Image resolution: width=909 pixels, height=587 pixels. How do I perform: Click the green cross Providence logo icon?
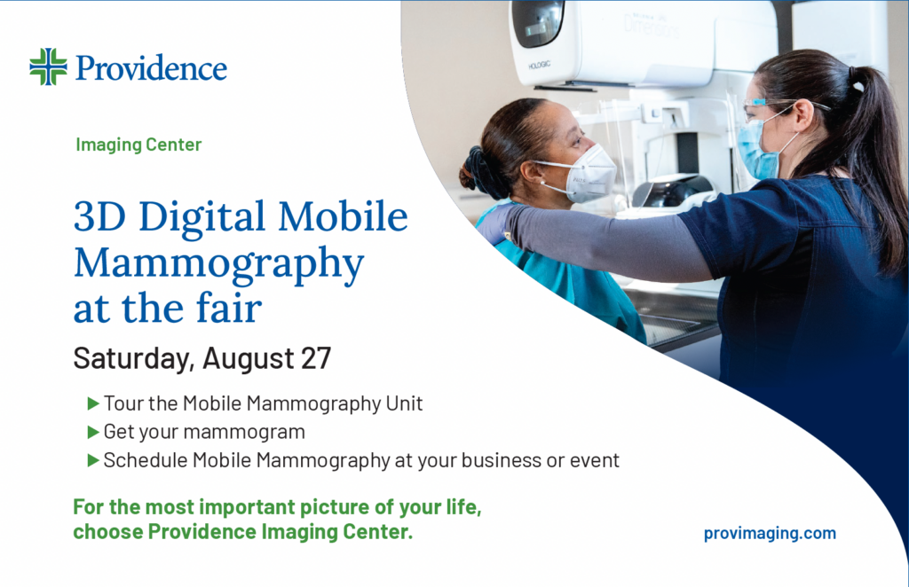(x=48, y=67)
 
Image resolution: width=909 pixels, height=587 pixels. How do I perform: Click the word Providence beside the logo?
(x=151, y=67)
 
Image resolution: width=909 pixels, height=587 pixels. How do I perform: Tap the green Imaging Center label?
(x=138, y=144)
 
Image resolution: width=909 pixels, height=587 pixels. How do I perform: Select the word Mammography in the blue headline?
(x=218, y=262)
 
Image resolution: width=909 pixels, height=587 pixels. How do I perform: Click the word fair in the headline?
(x=231, y=308)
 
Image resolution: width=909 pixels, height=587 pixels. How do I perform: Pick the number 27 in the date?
(x=313, y=359)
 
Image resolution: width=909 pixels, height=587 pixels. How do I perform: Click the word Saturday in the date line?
(x=131, y=359)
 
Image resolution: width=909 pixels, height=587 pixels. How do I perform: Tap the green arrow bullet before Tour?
(x=93, y=403)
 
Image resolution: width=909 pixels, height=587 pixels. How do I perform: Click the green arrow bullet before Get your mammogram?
(x=93, y=432)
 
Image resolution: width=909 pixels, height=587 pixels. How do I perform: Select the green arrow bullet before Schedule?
(x=93, y=460)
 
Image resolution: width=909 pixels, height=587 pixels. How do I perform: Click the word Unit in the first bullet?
(x=404, y=403)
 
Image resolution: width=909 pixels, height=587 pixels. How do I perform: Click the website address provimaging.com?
(x=770, y=533)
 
